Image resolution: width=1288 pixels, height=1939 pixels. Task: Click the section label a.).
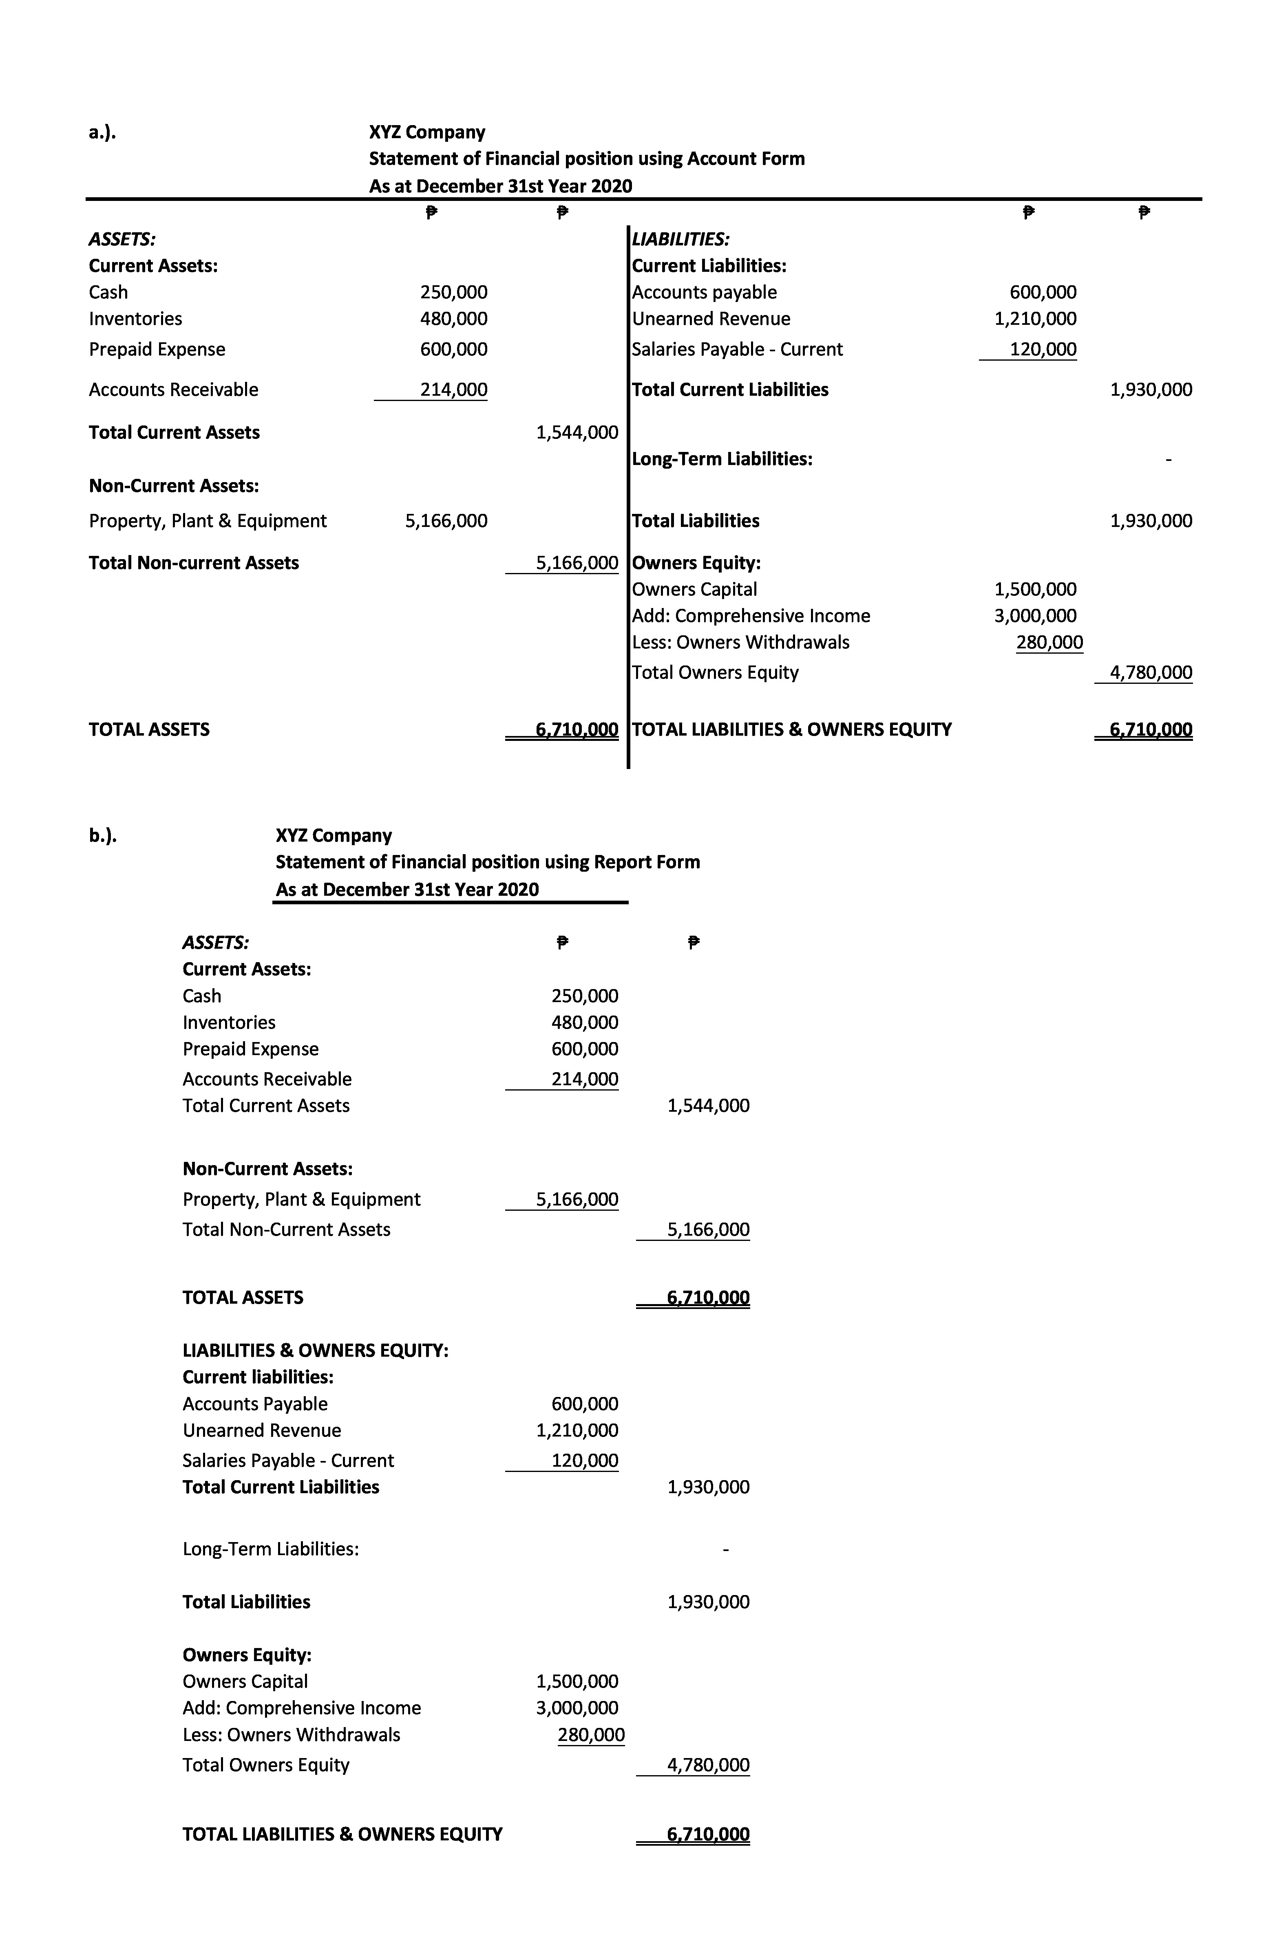[102, 132]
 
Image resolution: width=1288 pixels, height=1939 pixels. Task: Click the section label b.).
[102, 836]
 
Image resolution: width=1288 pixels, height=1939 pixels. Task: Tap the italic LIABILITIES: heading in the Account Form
[680, 240]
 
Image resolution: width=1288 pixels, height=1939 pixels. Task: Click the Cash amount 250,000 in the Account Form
[453, 292]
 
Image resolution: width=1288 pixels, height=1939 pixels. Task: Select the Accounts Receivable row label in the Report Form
[267, 1079]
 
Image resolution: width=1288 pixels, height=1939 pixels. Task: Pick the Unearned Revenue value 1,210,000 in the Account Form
[1035, 319]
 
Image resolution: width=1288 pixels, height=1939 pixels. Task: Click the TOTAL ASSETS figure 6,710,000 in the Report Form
[708, 1297]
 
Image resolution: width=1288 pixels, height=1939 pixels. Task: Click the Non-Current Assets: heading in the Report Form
[268, 1168]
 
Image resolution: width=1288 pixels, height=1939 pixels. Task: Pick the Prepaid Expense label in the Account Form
[157, 349]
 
